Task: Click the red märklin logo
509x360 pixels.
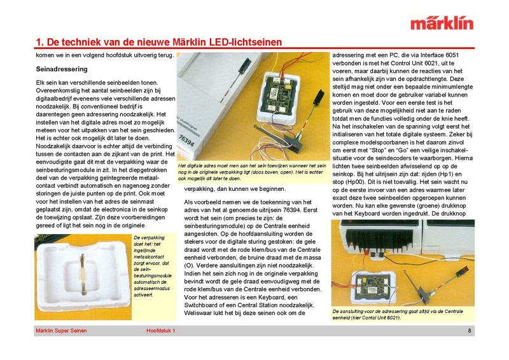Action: click(x=442, y=24)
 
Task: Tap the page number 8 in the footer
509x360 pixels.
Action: click(x=469, y=331)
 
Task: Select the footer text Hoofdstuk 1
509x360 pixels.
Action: click(x=160, y=331)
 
